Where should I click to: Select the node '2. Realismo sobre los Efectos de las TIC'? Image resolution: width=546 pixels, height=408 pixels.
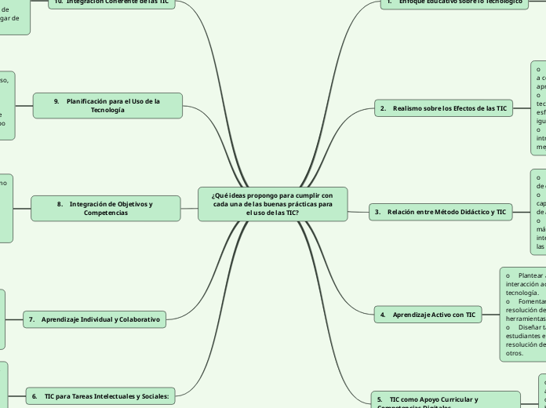click(x=442, y=108)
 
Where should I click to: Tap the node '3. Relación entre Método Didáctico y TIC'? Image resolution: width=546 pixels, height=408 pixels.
click(x=440, y=212)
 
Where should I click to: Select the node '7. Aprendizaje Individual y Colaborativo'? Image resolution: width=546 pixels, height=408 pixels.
click(x=94, y=319)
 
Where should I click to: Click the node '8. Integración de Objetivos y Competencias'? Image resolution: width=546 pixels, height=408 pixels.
click(x=105, y=208)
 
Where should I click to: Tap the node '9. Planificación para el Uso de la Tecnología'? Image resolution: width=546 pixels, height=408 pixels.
click(x=107, y=105)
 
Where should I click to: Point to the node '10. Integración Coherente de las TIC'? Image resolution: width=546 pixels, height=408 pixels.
click(x=112, y=2)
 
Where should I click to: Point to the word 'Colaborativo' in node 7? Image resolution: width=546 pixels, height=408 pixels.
click(x=137, y=319)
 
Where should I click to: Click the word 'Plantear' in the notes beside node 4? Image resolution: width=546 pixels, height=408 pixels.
click(x=531, y=275)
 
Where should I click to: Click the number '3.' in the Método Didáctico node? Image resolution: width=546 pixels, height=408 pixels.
click(x=378, y=212)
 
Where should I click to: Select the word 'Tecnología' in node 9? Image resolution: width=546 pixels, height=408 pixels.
click(x=107, y=111)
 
